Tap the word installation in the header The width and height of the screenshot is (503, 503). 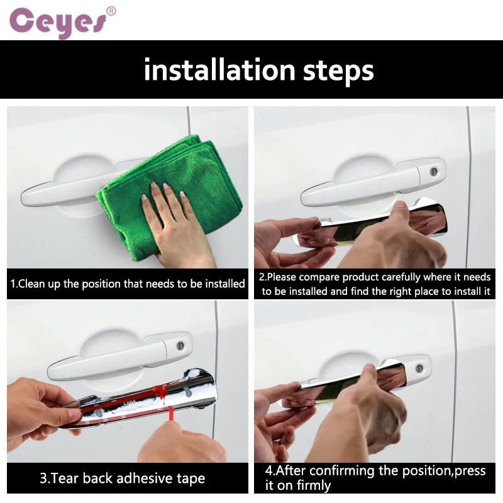pos(219,70)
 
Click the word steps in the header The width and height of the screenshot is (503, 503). pos(338,72)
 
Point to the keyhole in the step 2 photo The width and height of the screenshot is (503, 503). pos(434,171)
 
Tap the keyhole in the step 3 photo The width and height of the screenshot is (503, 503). pos(180,346)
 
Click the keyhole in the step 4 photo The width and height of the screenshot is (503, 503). pos(419,368)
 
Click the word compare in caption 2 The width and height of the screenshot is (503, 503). pos(319,277)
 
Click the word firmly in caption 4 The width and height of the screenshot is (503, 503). pos(313,485)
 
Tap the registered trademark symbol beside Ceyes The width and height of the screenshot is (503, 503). pos(111,11)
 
